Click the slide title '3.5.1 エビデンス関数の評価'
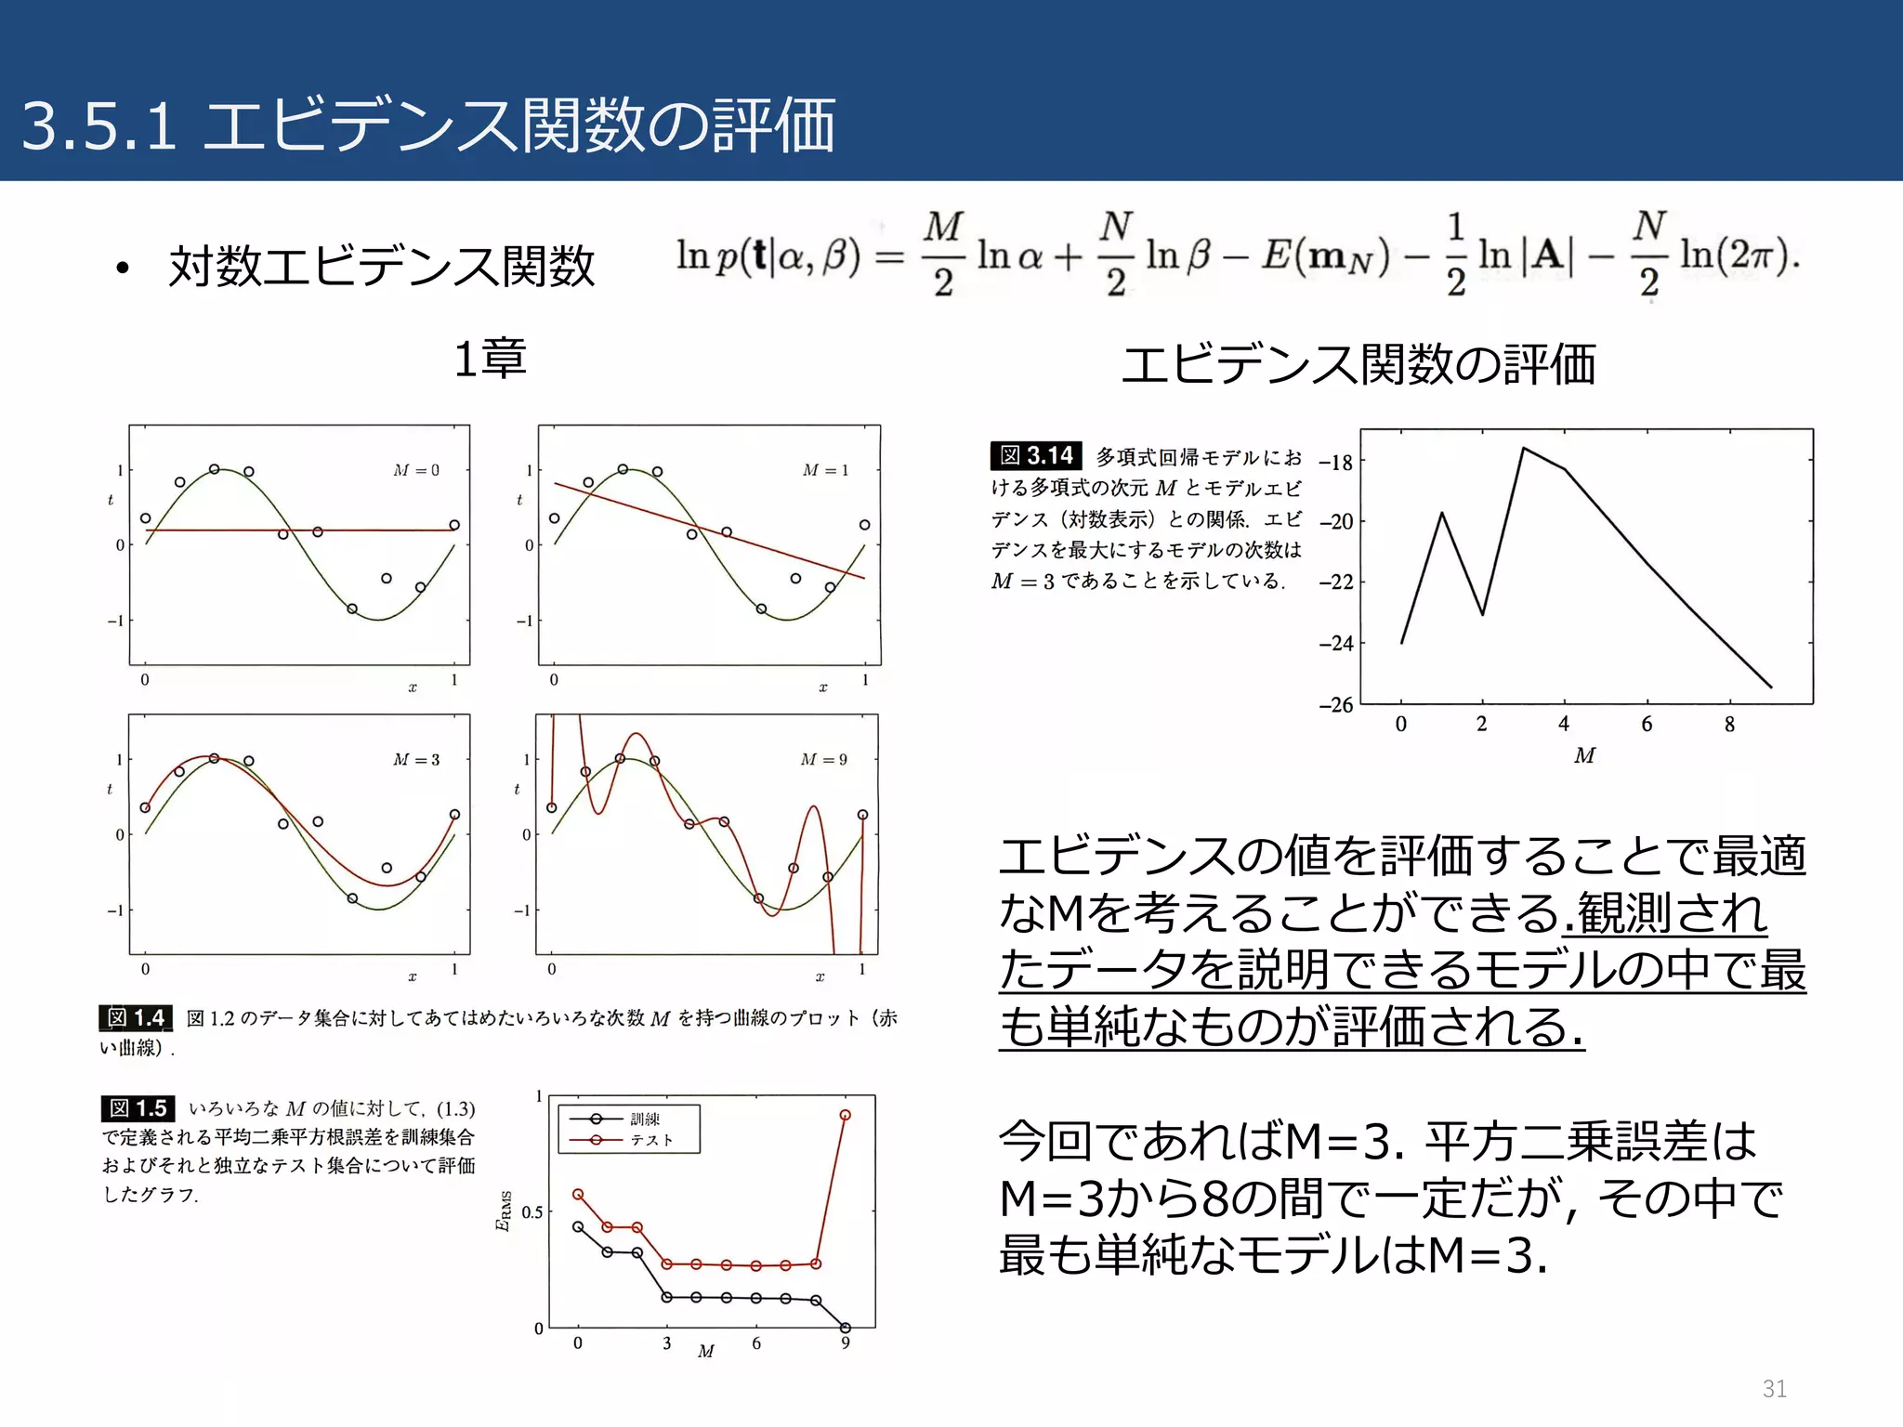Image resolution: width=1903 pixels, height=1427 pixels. (427, 126)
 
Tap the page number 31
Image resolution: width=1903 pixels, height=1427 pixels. (1774, 1389)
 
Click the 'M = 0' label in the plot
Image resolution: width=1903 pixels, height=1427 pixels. (416, 470)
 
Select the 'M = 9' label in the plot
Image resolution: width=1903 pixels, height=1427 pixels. (823, 760)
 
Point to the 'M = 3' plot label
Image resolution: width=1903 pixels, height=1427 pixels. (416, 760)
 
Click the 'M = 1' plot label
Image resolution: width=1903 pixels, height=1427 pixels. (825, 470)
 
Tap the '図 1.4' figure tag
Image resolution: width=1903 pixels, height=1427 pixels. (136, 1018)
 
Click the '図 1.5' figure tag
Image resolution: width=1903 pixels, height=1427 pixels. (138, 1108)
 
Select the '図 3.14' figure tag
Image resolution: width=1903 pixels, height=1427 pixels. (1036, 455)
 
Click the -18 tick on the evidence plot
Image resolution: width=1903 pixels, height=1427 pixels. (1336, 462)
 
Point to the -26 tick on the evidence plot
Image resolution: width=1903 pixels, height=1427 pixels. (1336, 705)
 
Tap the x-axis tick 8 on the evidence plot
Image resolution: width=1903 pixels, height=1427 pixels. (1729, 725)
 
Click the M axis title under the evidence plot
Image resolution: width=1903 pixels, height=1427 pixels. (1584, 756)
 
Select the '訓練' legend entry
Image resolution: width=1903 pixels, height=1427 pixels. (645, 1119)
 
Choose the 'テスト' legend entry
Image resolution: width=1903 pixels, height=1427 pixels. (651, 1140)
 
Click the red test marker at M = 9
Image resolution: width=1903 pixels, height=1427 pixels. (845, 1115)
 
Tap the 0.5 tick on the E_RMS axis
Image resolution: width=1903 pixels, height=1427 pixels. (532, 1212)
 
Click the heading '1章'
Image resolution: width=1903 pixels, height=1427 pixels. (490, 359)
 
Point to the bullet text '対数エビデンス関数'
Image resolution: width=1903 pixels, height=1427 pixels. (381, 267)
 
